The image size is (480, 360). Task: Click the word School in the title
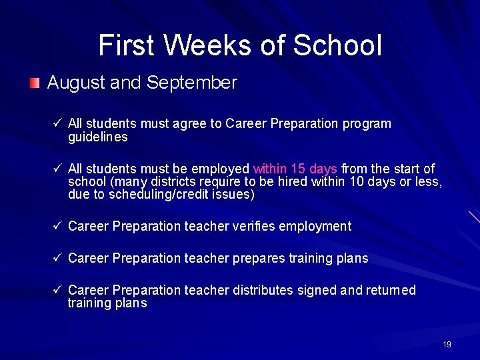point(337,45)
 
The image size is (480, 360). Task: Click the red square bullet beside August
point(35,83)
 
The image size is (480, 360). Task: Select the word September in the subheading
point(192,83)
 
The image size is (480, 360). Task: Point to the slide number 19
point(447,345)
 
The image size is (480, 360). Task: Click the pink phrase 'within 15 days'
point(295,169)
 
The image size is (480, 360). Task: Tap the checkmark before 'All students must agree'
point(57,124)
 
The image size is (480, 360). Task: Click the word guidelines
point(97,137)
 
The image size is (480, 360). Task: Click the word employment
point(315,227)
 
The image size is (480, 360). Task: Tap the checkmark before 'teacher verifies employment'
point(57,226)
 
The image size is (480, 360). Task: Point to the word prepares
point(259,259)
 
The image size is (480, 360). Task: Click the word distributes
point(262,290)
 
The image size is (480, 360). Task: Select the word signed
point(316,291)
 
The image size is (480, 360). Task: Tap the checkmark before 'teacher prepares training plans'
point(57,258)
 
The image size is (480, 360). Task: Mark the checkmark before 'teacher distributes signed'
point(57,290)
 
